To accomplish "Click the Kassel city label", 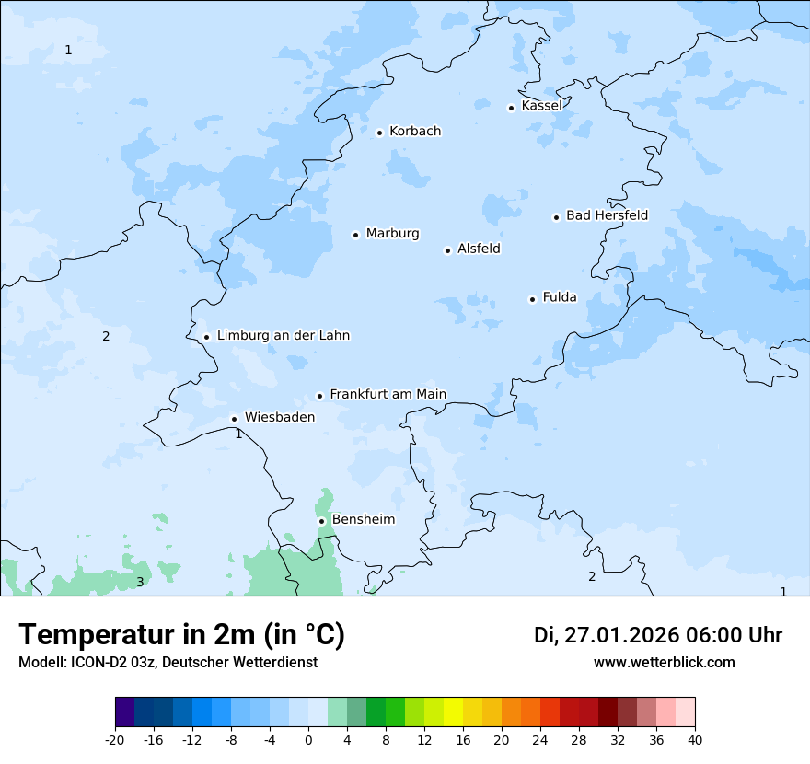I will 541,106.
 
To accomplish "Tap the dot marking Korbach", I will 379,133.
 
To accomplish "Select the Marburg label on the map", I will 392,234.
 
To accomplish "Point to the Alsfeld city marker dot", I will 448,250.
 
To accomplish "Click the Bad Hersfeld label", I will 607,215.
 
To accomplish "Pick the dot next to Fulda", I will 532,299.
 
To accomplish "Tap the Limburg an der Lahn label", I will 283,336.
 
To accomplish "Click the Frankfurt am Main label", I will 388,394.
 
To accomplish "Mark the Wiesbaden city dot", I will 235,419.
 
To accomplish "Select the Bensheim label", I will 363,520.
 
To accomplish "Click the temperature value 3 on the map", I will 140,582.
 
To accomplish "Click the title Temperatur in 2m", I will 181,635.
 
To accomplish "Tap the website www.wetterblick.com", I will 664,663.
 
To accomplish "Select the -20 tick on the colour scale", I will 115,739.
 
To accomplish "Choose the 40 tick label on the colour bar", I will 695,739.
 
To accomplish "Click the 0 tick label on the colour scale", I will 308,739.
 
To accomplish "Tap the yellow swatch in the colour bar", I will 453,712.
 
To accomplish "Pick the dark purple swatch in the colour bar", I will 125,712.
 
